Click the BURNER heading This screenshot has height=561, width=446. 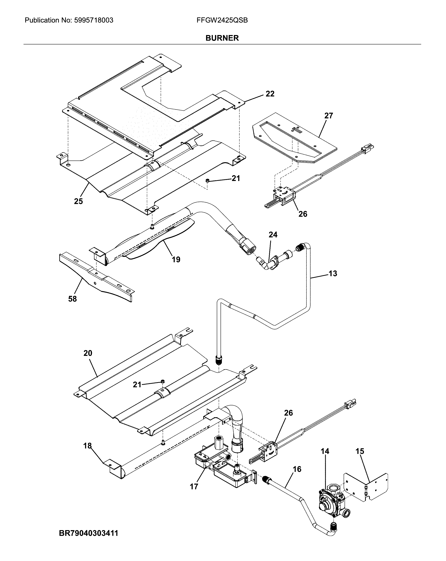(222, 38)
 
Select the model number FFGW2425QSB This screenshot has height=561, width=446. (222, 20)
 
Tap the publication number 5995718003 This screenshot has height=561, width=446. (94, 20)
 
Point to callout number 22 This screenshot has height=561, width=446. (270, 94)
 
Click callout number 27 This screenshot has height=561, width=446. (328, 116)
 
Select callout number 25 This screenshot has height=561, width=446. (78, 201)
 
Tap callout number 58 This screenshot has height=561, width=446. (72, 299)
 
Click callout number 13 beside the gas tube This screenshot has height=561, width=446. (333, 273)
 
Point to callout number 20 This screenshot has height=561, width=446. (88, 353)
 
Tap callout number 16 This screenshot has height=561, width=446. (297, 469)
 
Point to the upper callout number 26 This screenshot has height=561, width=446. (303, 214)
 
